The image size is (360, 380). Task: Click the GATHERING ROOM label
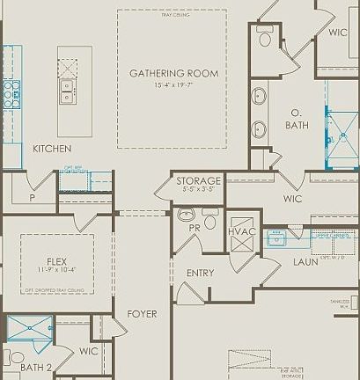click(x=171, y=73)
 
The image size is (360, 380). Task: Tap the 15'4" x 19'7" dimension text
click(x=171, y=85)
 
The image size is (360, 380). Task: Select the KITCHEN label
click(x=52, y=149)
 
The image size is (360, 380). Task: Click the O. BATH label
click(x=297, y=119)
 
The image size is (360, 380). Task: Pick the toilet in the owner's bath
click(x=265, y=38)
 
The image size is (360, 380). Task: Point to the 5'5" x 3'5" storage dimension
click(x=197, y=188)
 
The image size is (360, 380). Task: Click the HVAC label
click(x=241, y=231)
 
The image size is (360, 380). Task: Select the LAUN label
click(x=305, y=261)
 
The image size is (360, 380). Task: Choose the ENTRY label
click(x=200, y=273)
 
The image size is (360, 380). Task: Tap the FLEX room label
click(x=57, y=260)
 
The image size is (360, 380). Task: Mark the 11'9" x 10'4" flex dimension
click(x=57, y=270)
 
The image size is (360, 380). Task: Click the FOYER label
click(x=142, y=314)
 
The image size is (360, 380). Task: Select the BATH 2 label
click(x=36, y=367)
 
